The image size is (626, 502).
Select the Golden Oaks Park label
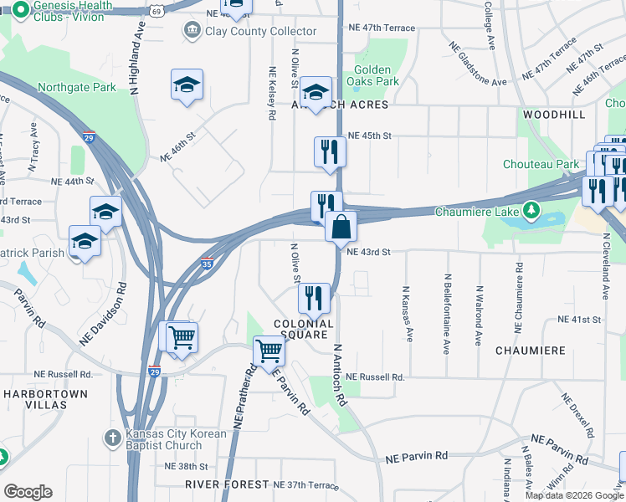[x=372, y=75]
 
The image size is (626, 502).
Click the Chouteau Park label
[x=541, y=164]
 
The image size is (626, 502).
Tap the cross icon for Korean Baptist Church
[x=113, y=437]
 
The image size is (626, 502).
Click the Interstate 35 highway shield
[x=207, y=263]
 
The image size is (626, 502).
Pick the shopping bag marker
[x=341, y=228]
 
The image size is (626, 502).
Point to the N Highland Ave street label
[x=134, y=58]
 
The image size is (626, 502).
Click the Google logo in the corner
[x=28, y=492]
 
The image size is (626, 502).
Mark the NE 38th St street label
[x=186, y=466]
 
